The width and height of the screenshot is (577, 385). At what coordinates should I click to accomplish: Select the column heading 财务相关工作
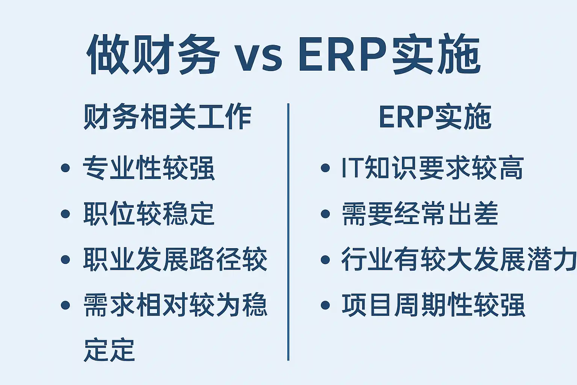point(168,117)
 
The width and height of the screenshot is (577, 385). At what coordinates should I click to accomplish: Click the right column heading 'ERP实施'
point(435,117)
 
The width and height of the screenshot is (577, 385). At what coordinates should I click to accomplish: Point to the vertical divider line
point(288,232)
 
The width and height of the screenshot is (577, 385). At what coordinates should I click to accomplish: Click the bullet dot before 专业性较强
point(65,168)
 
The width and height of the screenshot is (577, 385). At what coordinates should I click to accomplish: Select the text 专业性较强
point(149,168)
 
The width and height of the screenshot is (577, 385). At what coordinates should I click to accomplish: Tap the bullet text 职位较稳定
point(149,214)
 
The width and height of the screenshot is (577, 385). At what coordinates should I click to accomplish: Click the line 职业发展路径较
point(175,259)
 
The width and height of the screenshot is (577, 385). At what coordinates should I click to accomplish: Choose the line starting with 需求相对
point(175,305)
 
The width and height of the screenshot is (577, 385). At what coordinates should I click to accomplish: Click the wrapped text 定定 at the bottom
point(109,350)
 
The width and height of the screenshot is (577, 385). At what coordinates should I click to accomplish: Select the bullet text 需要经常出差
point(420,214)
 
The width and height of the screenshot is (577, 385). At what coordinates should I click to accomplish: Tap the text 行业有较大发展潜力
point(459,259)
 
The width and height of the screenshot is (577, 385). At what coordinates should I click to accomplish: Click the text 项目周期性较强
point(433,305)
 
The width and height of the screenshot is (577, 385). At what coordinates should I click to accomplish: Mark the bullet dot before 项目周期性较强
point(325,305)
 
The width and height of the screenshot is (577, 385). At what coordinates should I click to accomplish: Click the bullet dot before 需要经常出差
point(325,214)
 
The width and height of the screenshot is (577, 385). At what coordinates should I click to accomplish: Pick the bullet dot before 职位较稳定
point(65,214)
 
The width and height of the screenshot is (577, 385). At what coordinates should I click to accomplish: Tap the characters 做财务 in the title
point(153,55)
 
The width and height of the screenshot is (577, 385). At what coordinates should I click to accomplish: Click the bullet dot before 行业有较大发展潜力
point(325,259)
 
